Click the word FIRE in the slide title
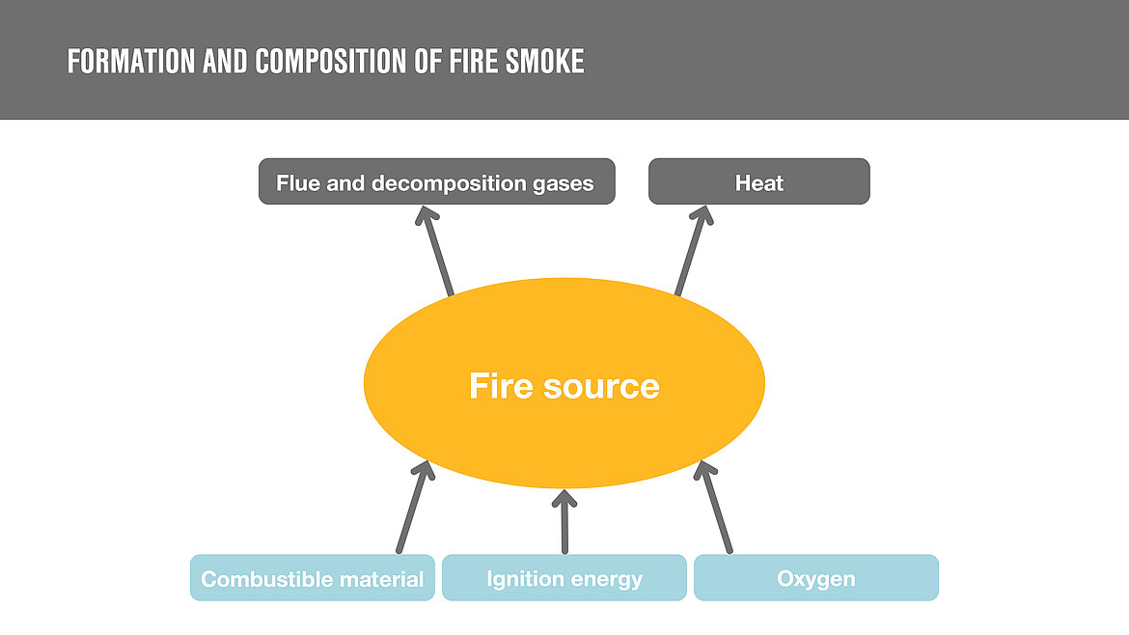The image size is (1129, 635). (x=473, y=62)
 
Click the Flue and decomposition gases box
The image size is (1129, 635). (x=436, y=182)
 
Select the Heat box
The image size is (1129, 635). (x=758, y=182)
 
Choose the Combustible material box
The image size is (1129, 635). (x=312, y=579)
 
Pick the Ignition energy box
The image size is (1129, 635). (x=564, y=579)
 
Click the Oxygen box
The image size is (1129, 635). (x=815, y=579)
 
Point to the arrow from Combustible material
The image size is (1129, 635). (x=413, y=508)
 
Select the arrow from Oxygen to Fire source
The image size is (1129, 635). (x=715, y=508)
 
